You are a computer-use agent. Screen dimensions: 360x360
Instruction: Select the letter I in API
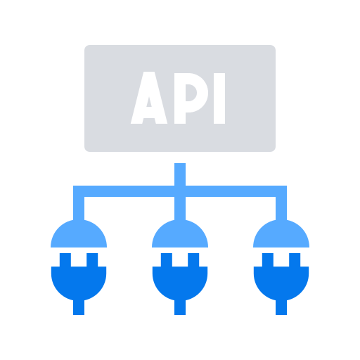pyautogui.click(x=219, y=98)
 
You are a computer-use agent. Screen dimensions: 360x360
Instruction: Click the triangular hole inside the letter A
pyautogui.click(x=149, y=103)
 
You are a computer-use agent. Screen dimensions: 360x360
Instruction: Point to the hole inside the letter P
pyautogui.click(x=191, y=93)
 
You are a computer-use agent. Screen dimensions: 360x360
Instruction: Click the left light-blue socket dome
pyautogui.click(x=79, y=236)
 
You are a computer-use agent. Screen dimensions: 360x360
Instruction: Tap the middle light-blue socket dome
pyautogui.click(x=180, y=236)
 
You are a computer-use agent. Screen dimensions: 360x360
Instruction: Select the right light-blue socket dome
pyautogui.click(x=281, y=236)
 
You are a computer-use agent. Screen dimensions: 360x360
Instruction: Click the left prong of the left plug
pyautogui.click(x=65, y=259)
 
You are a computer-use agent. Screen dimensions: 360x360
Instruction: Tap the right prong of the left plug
pyautogui.click(x=92, y=259)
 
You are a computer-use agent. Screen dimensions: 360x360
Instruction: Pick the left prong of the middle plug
pyautogui.click(x=167, y=259)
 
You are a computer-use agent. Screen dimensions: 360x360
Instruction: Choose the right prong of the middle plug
pyautogui.click(x=193, y=259)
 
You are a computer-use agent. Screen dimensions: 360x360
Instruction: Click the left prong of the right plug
pyautogui.click(x=268, y=259)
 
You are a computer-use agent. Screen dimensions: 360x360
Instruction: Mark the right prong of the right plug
pyautogui.click(x=295, y=259)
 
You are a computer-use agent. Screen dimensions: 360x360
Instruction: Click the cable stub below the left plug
pyautogui.click(x=79, y=307)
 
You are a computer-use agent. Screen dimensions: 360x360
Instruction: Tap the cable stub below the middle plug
pyautogui.click(x=180, y=307)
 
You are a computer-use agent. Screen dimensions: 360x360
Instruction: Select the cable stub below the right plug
pyautogui.click(x=281, y=307)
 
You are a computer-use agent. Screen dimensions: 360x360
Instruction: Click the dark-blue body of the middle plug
pyautogui.click(x=180, y=281)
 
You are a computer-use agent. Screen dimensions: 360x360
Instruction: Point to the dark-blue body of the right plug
pyautogui.click(x=281, y=281)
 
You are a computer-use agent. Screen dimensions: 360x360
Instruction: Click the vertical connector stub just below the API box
pyautogui.click(x=180, y=174)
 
